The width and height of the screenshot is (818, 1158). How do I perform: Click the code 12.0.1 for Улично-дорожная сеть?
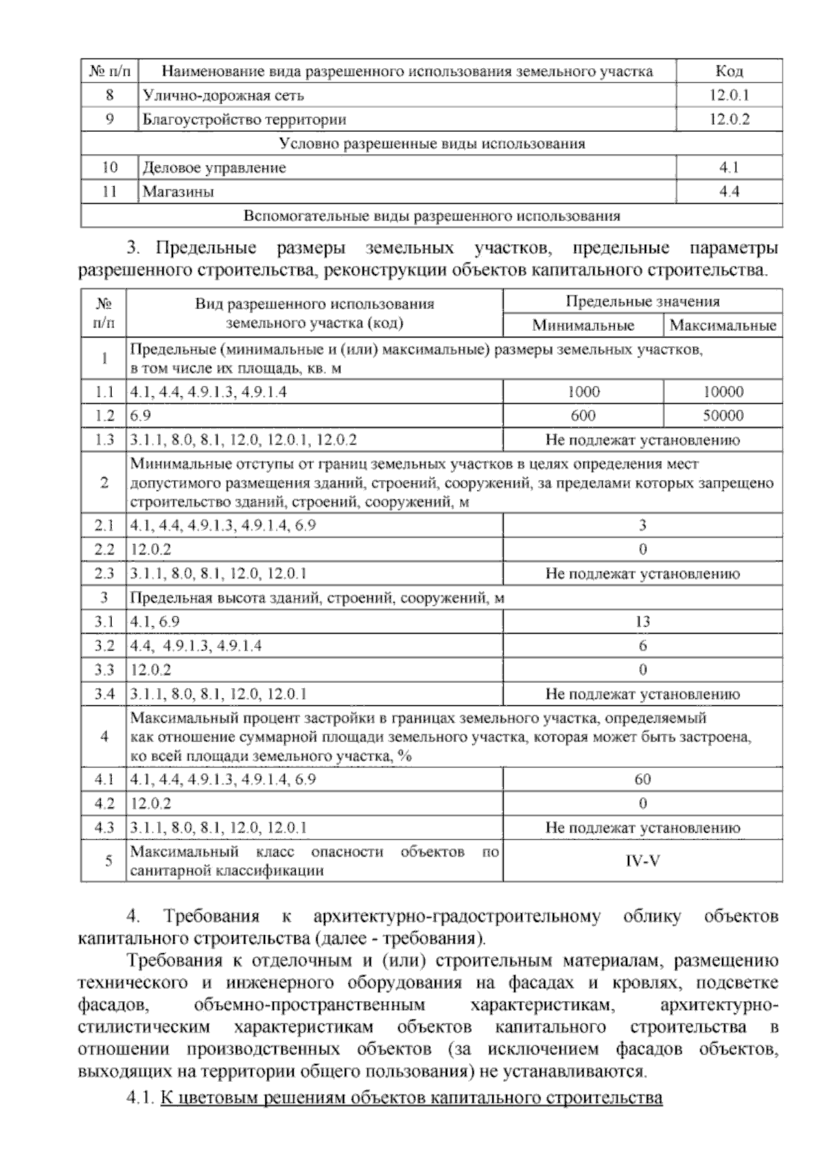click(729, 95)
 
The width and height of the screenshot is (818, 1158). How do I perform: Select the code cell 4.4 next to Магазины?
click(729, 192)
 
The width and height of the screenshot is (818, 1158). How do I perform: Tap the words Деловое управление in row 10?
click(214, 168)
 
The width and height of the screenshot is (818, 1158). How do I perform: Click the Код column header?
click(729, 71)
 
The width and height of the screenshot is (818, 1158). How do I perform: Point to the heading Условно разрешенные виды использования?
click(432, 144)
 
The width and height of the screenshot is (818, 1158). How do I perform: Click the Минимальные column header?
click(583, 325)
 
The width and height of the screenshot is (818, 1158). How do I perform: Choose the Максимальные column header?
click(723, 325)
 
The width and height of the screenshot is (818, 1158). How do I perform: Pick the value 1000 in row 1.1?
click(584, 391)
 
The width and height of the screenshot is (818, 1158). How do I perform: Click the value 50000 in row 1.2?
click(723, 415)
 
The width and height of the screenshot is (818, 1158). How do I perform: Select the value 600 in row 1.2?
click(584, 415)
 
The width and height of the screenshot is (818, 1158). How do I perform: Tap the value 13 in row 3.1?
click(642, 621)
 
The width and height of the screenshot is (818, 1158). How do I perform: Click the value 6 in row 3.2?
click(642, 645)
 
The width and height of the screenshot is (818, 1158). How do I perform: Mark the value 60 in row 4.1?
click(642, 779)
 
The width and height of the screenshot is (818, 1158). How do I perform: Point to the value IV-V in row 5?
click(642, 861)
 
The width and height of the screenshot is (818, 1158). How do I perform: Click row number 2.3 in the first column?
click(104, 574)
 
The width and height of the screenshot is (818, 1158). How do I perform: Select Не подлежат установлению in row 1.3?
click(642, 440)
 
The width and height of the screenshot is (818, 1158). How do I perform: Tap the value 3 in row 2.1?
click(642, 525)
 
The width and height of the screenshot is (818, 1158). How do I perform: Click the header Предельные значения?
click(642, 301)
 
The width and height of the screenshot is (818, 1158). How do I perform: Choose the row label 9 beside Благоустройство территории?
click(110, 119)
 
